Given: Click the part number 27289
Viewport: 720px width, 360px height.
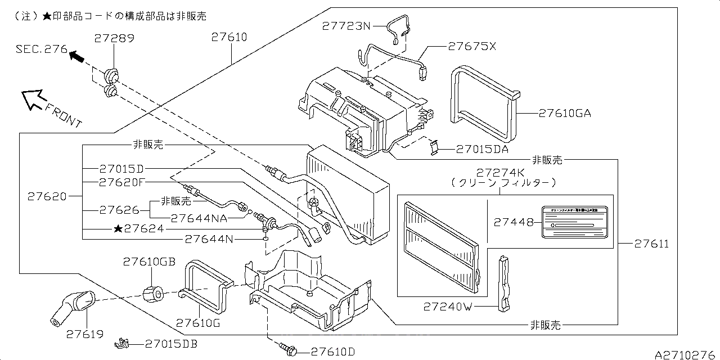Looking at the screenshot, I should coord(114,39).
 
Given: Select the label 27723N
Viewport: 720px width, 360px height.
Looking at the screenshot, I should coord(346,25).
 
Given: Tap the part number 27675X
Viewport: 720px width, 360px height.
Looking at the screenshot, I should coord(472,47).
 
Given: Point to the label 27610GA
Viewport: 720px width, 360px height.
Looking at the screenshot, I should coord(565,113).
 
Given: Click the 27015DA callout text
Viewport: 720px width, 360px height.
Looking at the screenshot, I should coord(482,150).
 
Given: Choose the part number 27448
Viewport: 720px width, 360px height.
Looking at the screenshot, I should coord(514,222).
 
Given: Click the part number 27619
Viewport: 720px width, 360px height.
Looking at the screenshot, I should coord(85,334).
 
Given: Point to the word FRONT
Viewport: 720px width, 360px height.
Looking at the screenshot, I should coord(63,115).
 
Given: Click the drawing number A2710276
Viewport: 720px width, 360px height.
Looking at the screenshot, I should coord(686,354).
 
